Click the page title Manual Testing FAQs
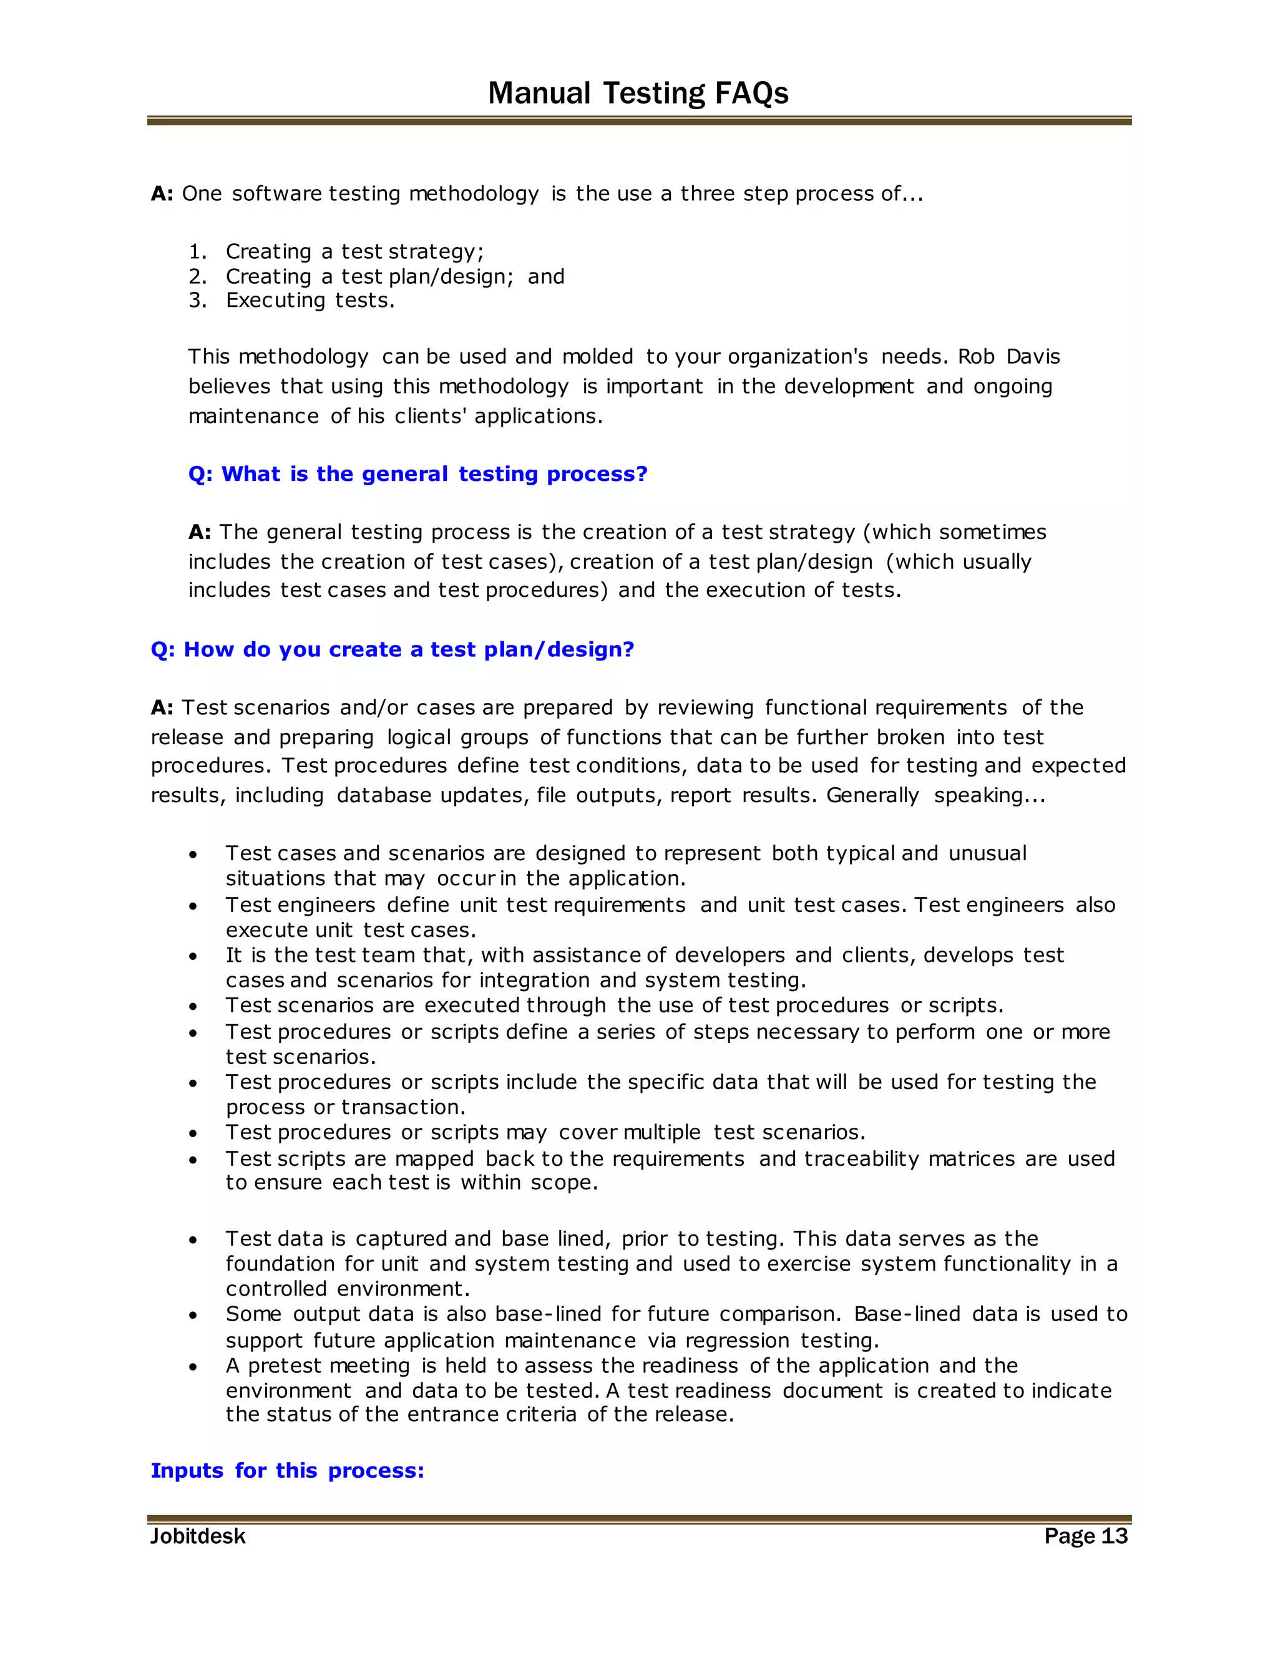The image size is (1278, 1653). coord(638,93)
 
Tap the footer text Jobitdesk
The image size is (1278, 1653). coord(198,1536)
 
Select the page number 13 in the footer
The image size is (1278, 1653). coord(1114,1536)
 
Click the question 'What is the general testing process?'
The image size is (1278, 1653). coord(418,474)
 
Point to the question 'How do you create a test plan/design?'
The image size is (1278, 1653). coord(392,649)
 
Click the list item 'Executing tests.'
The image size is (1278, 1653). coord(310,301)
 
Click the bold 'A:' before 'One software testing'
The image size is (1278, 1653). coord(162,194)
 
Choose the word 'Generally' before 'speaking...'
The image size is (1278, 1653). coord(872,795)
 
